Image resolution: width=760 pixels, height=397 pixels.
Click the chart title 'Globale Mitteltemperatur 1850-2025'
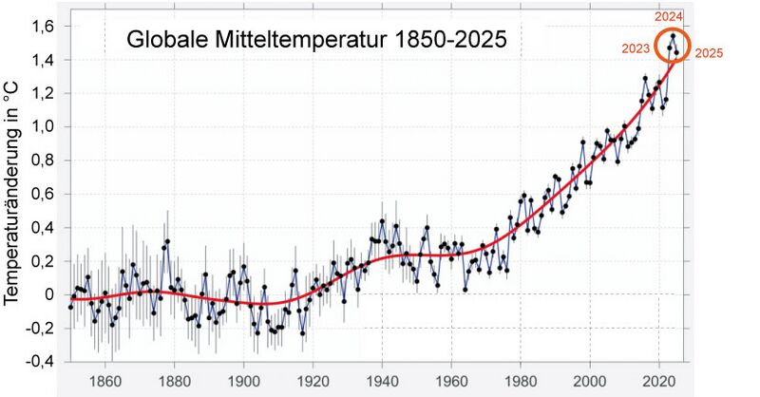pyautogui.click(x=317, y=41)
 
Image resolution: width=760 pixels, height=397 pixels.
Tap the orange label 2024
pyautogui.click(x=668, y=17)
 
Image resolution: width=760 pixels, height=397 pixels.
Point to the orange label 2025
pyautogui.click(x=709, y=54)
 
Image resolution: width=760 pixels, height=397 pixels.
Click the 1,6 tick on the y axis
pyautogui.click(x=45, y=26)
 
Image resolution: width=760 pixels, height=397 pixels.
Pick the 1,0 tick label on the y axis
pyautogui.click(x=45, y=126)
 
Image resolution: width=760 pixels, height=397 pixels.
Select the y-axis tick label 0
pyautogui.click(x=50, y=294)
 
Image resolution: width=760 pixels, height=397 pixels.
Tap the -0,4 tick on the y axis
pyautogui.click(x=42, y=362)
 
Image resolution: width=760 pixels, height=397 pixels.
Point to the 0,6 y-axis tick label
pyautogui.click(x=45, y=194)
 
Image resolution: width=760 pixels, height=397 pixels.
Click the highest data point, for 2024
pyautogui.click(x=673, y=36)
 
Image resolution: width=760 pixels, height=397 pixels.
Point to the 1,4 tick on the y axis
pyautogui.click(x=45, y=60)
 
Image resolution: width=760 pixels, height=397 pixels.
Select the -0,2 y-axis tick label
pyautogui.click(x=42, y=329)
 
